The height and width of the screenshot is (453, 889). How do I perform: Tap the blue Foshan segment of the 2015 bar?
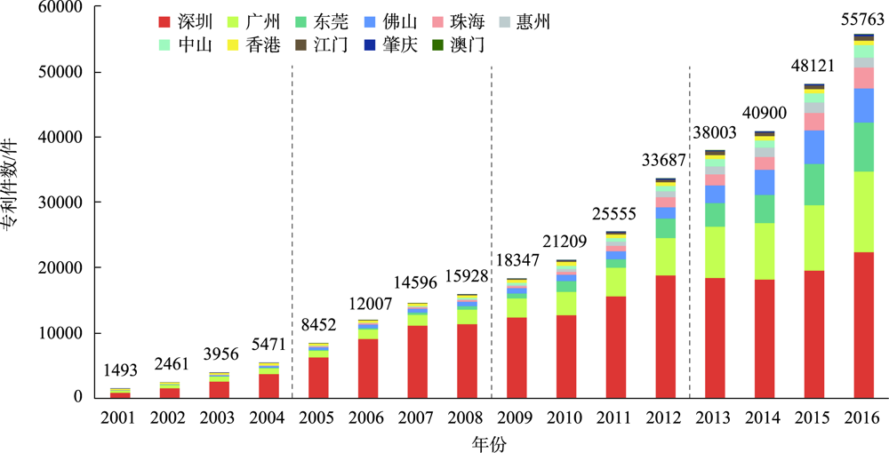814,147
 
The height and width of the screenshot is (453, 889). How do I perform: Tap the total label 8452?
317,325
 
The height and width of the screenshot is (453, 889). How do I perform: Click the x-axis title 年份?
490,441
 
